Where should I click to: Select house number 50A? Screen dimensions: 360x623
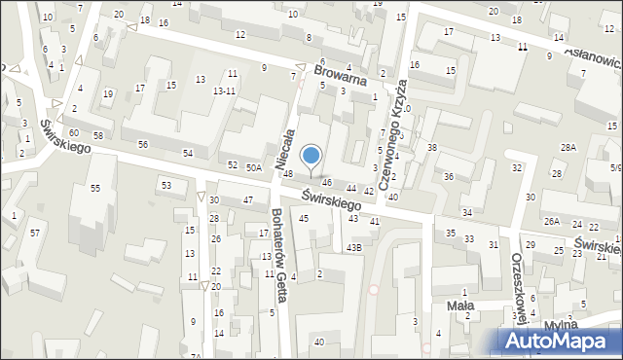(x=254, y=168)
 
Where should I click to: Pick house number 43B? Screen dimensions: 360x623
(x=354, y=248)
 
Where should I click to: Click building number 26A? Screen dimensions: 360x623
(x=552, y=222)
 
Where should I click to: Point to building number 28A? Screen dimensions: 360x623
(x=568, y=147)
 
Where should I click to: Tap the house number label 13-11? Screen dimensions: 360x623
(x=225, y=90)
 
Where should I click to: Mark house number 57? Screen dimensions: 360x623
(x=35, y=233)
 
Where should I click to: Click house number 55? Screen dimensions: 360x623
(x=95, y=188)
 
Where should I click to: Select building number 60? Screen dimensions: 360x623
(x=74, y=132)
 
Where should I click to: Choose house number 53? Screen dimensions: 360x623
(x=166, y=185)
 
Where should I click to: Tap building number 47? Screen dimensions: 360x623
(x=248, y=199)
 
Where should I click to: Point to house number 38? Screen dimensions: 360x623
(x=432, y=147)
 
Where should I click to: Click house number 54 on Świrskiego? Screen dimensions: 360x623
(x=188, y=154)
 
